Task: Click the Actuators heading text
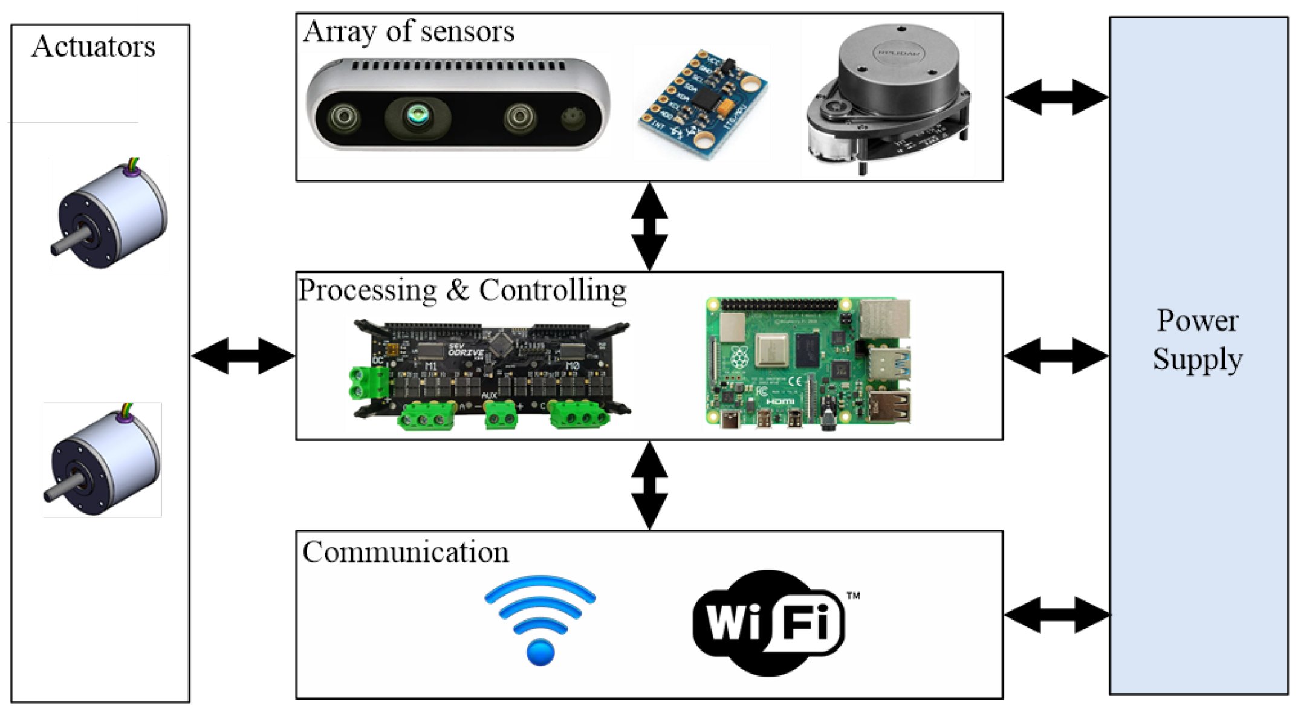coord(93,47)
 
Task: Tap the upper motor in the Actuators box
coord(112,215)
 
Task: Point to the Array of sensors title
coord(408,31)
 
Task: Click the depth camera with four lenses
coord(457,105)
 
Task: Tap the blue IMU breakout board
coord(703,104)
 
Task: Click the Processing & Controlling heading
coord(462,290)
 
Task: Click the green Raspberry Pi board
coord(807,363)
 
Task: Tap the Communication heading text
coord(405,552)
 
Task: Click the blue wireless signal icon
coord(540,620)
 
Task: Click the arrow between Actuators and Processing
coord(243,355)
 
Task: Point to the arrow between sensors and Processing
coord(649,226)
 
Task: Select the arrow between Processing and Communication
coord(649,485)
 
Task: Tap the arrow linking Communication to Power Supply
coord(1057,615)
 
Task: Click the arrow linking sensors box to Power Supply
coord(1057,97)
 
